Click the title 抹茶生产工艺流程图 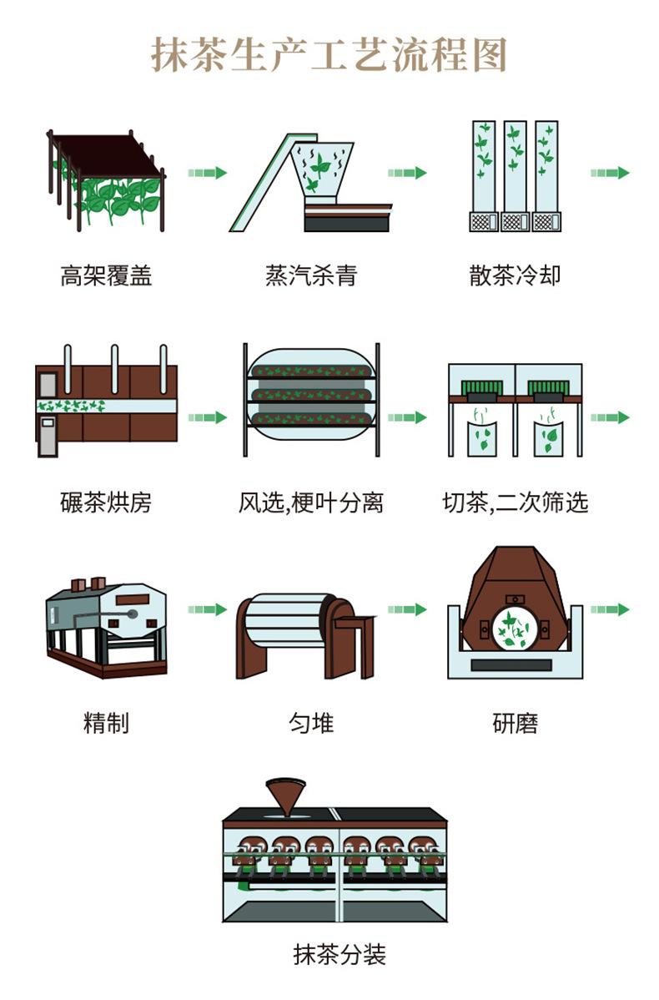(329, 55)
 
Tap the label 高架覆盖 (106, 275)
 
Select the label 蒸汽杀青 (310, 275)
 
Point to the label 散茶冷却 (515, 275)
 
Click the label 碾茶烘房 (106, 502)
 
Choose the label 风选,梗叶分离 (310, 502)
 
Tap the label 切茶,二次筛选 (515, 502)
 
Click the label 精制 (106, 723)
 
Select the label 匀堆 (310, 723)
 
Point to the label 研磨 (515, 723)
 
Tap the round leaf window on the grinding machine (514, 629)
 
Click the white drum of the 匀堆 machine (284, 622)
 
